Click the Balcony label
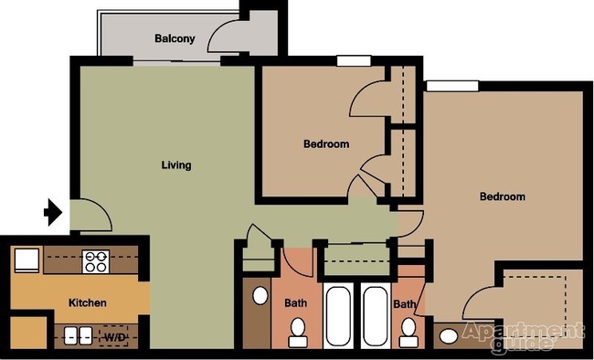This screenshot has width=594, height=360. (173, 38)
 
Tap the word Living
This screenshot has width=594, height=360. (176, 165)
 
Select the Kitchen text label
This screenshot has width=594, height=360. (88, 302)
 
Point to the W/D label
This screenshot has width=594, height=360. (114, 337)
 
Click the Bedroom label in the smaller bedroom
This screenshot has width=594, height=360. (325, 144)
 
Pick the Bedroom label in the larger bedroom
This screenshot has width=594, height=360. (502, 196)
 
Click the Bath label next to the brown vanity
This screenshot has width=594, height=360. (295, 302)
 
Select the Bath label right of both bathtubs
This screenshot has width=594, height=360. (404, 304)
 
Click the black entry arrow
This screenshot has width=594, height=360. (52, 213)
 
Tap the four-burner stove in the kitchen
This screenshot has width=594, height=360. (96, 262)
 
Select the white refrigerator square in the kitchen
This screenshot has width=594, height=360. (26, 261)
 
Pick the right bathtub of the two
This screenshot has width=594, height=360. (374, 316)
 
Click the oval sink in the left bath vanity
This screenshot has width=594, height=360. (260, 296)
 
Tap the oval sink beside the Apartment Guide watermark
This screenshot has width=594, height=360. (447, 336)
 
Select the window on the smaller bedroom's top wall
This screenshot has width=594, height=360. (353, 61)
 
